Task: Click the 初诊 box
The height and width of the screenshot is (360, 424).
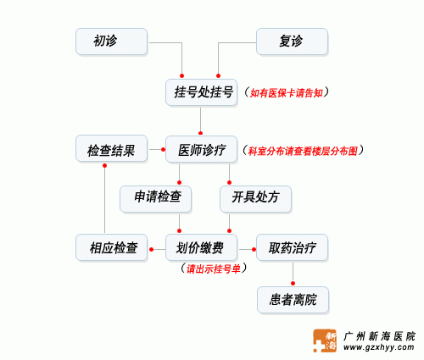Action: [111, 42]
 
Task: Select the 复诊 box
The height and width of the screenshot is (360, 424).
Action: [292, 42]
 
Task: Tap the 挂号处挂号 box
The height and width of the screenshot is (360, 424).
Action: [201, 92]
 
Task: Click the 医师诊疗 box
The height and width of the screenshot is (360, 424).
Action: [201, 149]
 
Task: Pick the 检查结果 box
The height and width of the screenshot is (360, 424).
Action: [111, 148]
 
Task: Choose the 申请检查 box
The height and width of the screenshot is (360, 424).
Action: [155, 199]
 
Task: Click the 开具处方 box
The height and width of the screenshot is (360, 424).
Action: [255, 199]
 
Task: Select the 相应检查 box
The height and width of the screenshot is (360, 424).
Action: [111, 247]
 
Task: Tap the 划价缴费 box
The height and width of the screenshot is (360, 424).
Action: [201, 247]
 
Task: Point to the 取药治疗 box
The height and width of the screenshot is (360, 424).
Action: [292, 247]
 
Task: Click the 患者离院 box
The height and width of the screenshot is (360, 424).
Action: [293, 300]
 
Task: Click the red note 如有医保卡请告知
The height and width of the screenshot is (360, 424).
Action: [286, 93]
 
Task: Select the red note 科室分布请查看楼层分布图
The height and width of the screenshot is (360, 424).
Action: [303, 151]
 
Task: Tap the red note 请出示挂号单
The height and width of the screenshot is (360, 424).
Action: [214, 269]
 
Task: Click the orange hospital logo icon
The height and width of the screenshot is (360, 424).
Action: [325, 341]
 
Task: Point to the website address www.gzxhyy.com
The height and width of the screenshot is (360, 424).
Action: [379, 347]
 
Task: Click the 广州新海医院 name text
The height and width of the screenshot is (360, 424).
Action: [379, 336]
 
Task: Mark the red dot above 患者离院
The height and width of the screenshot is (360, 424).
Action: [293, 283]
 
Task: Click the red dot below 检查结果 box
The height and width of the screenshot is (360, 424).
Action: [104, 165]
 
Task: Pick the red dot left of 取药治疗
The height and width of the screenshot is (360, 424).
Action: [254, 249]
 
